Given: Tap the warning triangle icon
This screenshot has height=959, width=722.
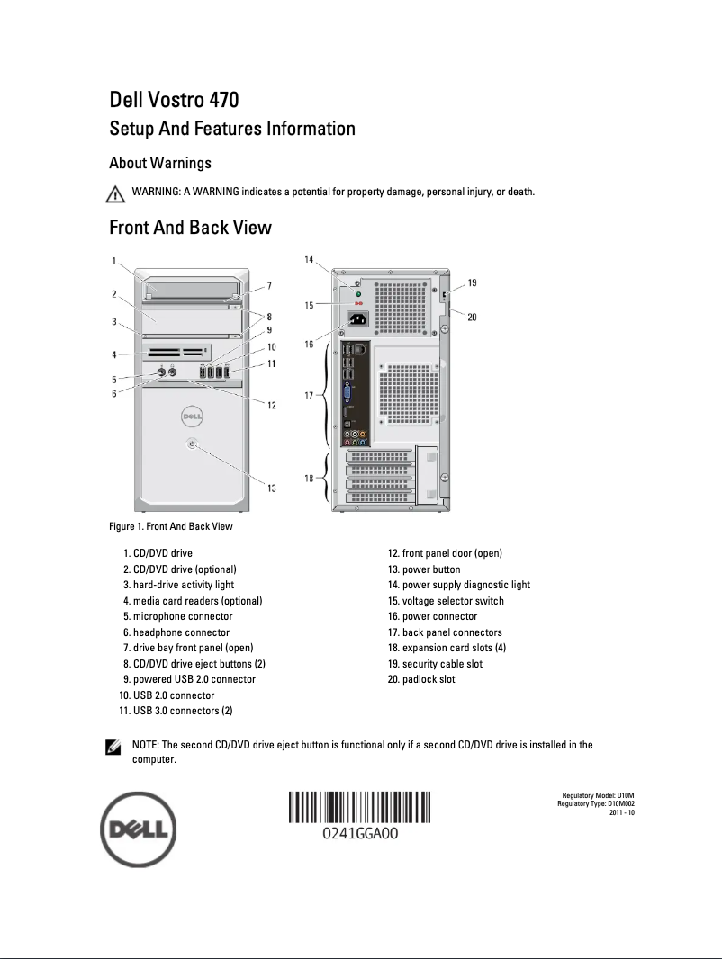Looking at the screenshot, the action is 114,193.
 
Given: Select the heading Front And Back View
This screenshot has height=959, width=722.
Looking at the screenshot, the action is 189,227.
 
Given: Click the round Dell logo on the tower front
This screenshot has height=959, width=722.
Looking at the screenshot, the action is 191,416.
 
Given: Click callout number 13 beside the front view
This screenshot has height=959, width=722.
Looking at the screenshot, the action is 271,488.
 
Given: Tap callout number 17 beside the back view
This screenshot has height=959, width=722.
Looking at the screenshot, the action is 309,395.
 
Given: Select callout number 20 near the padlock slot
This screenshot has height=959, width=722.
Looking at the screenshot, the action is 472,316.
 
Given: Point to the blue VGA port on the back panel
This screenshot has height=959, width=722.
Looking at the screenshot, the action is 348,393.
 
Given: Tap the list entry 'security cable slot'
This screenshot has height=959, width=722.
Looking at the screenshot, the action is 435,664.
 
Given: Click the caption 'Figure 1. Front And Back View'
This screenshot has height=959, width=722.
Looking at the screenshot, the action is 170,526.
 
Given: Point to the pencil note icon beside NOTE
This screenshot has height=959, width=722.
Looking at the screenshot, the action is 114,747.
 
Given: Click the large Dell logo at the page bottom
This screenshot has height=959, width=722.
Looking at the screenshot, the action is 138,830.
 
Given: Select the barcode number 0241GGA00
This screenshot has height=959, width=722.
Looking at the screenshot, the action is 360,834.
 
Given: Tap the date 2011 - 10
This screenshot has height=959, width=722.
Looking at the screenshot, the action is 622,812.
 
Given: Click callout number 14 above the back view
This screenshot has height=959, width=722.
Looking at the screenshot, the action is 309,260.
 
